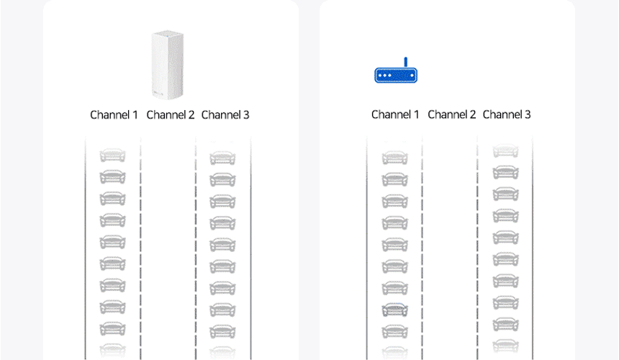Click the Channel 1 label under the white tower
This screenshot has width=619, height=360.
114,115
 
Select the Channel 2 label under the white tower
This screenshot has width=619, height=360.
170,115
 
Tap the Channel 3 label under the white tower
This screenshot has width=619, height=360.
225,115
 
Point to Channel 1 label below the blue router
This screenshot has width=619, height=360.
395,114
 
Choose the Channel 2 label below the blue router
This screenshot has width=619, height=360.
451,114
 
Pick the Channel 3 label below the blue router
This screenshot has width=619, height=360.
507,114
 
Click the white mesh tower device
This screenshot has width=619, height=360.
168,64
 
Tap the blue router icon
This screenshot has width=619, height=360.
396,71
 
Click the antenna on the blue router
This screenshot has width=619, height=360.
405,62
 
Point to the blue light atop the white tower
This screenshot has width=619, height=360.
168,37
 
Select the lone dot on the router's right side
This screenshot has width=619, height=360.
412,76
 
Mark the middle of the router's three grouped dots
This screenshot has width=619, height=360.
385,76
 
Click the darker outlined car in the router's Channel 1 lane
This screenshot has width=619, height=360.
394,310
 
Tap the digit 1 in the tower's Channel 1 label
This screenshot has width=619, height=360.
135,115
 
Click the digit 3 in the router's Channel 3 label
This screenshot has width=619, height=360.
528,114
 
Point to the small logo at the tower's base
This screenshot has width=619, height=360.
158,94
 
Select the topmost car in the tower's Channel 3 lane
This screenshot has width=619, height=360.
222,158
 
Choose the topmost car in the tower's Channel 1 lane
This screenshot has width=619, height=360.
112,155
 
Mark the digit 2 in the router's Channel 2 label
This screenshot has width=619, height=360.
473,114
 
